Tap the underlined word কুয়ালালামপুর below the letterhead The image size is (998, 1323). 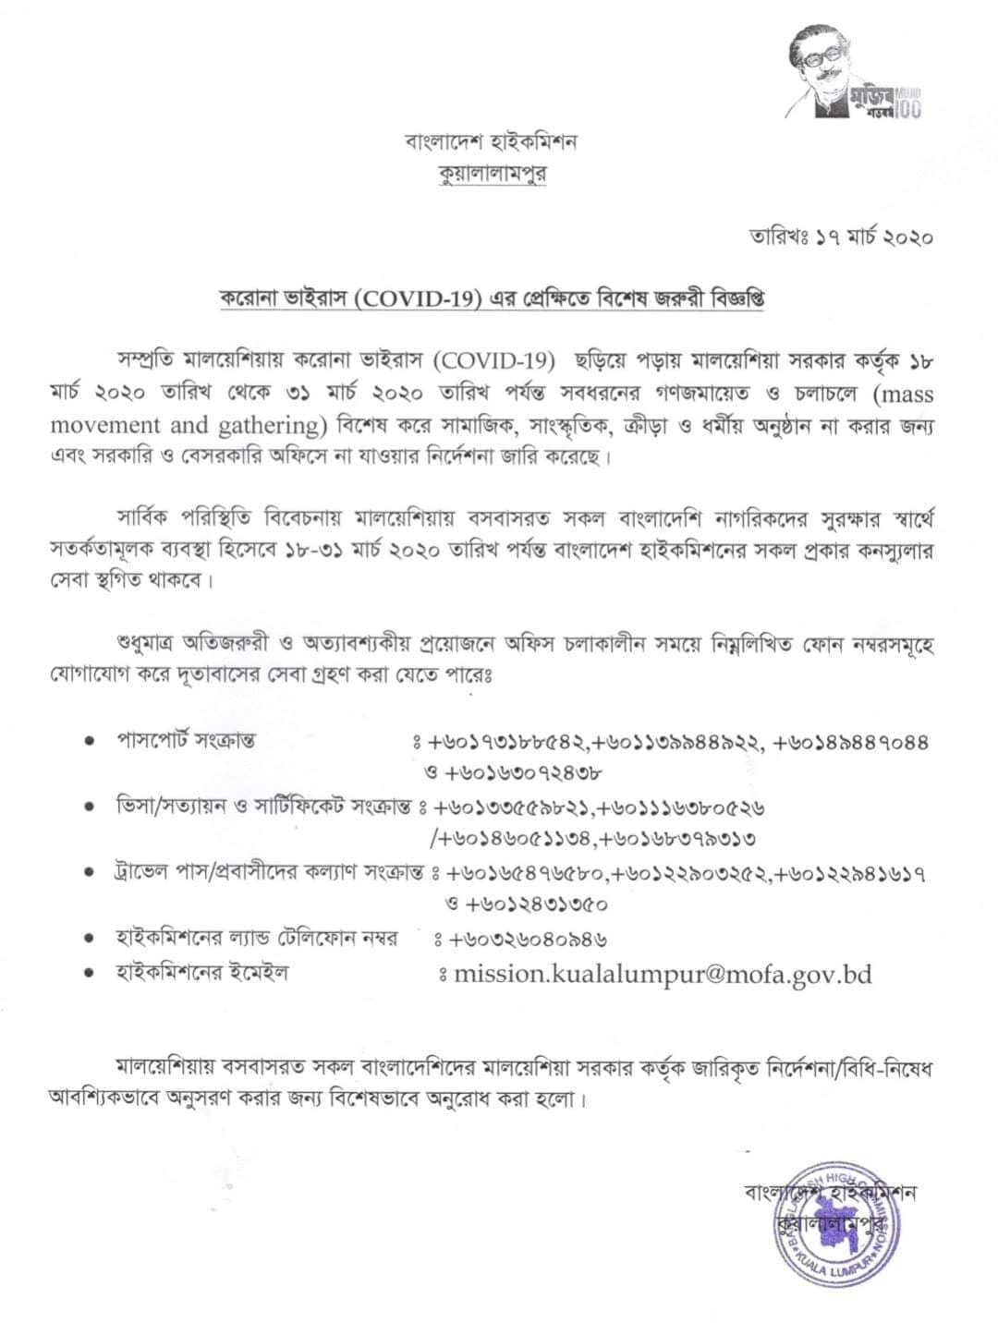tap(492, 174)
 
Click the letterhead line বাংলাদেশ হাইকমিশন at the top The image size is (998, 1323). tap(491, 142)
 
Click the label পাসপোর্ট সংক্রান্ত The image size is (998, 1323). tap(186, 740)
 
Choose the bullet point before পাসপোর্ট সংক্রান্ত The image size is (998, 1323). tap(89, 741)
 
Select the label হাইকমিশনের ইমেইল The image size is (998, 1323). tap(201, 973)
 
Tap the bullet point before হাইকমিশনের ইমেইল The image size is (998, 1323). tap(89, 974)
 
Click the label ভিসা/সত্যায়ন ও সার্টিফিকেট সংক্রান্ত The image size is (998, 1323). tap(262, 807)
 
